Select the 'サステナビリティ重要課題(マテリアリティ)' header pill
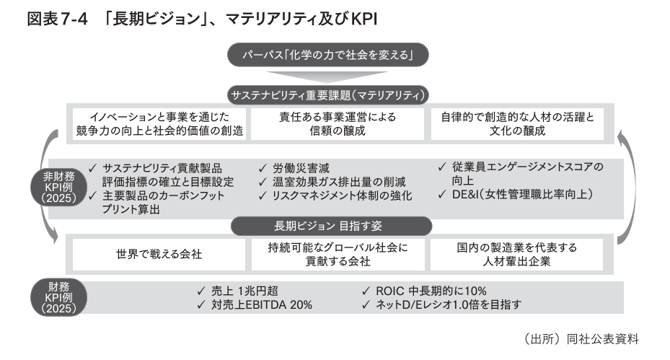(328, 95)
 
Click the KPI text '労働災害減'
(304, 169)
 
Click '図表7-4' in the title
(57, 19)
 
